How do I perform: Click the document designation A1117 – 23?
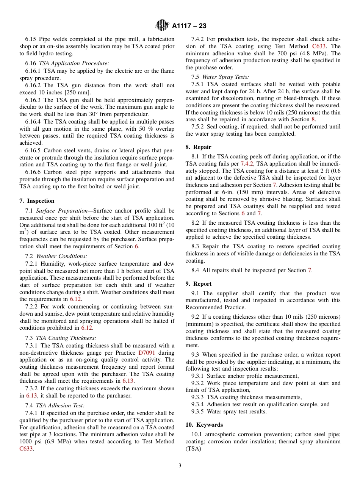tap(189, 26)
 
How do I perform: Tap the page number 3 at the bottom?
tap(180, 466)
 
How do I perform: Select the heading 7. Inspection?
tap(37, 201)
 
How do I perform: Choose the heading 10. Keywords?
tap(204, 425)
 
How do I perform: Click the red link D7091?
tap(146, 352)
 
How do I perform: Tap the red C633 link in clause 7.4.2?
tap(321, 46)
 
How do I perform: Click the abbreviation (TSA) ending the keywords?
tap(193, 449)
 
